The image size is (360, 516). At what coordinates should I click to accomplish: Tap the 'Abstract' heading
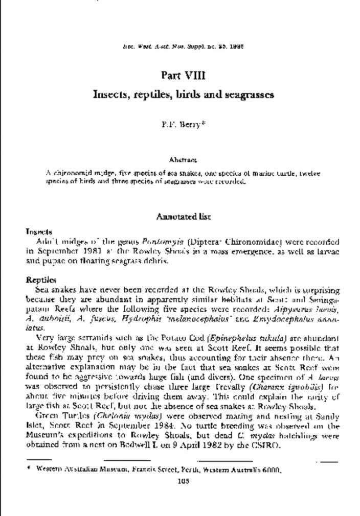coord(183,160)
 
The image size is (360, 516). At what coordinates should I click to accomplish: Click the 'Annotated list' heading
coord(183,217)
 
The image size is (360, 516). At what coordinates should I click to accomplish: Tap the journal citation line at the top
coord(183,45)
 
